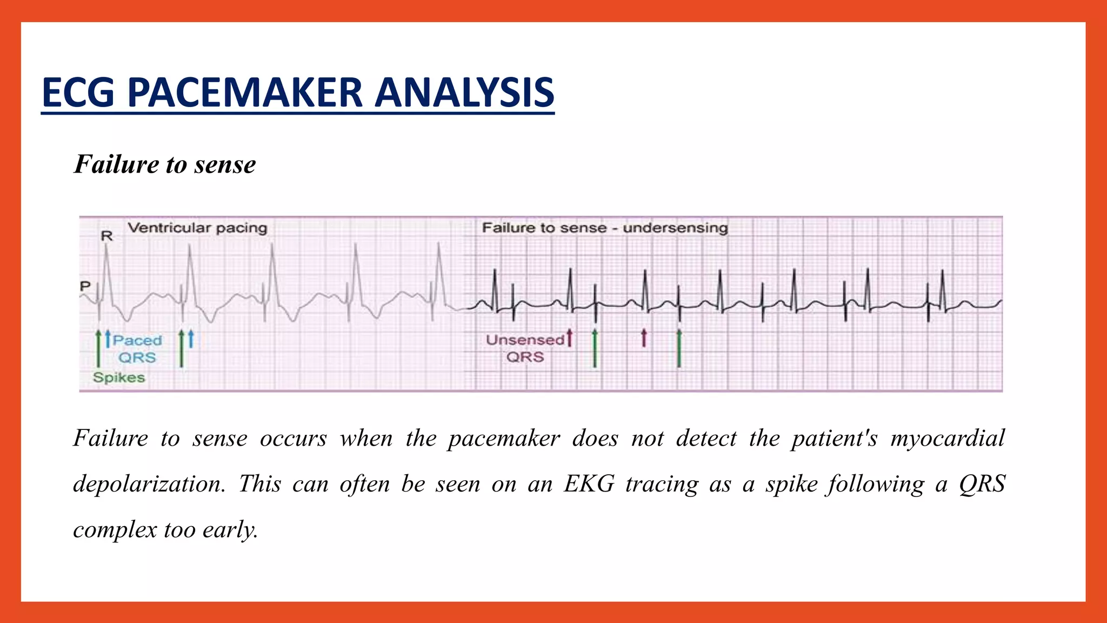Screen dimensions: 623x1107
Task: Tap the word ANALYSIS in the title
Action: [464, 92]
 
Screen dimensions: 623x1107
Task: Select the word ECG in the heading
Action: [78, 92]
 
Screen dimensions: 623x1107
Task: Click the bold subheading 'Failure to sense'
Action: [165, 164]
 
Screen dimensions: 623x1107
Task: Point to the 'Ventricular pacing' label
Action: [197, 228]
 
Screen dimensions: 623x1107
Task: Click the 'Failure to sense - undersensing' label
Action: [605, 228]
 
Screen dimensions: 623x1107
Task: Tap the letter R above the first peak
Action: [107, 236]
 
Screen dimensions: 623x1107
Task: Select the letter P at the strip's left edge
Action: [85, 286]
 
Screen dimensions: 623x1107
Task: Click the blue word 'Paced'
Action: [137, 340]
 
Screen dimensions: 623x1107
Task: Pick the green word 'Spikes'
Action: [119, 377]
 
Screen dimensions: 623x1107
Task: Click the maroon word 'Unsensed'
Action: [525, 340]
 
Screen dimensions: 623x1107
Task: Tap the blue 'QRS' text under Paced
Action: [137, 357]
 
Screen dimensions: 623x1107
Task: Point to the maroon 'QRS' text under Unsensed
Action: [525, 357]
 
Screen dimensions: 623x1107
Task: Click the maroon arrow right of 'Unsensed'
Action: [569, 337]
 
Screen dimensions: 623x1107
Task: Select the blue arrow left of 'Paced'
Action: [108, 339]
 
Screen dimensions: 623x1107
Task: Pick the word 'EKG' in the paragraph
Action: [589, 483]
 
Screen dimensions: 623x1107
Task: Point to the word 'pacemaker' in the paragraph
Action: [504, 438]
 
